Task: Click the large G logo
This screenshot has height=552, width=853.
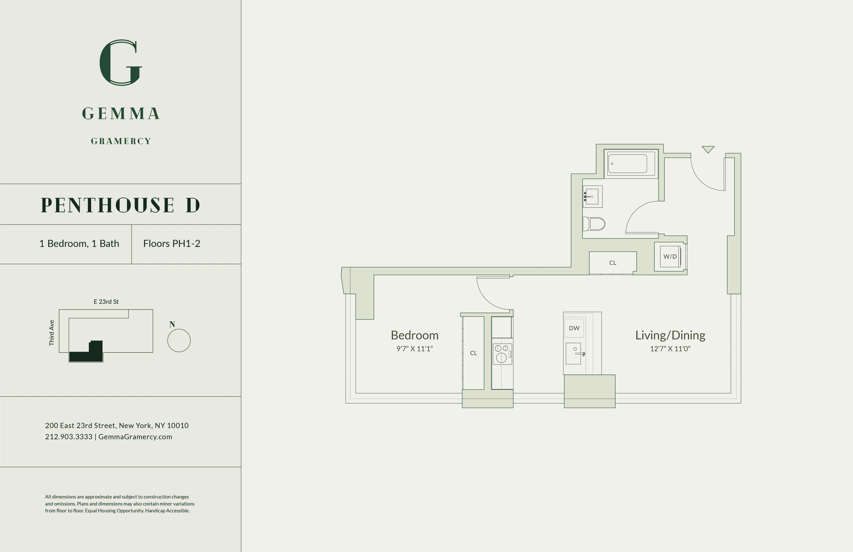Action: (121, 63)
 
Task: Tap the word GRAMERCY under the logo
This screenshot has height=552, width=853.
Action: (121, 141)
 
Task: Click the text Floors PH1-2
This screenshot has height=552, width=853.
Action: (172, 244)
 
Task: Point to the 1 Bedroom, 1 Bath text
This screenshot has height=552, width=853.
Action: (79, 244)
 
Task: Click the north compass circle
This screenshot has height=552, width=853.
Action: (179, 341)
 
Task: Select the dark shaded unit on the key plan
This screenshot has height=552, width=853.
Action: (86, 353)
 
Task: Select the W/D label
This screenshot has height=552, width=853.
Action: (670, 257)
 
